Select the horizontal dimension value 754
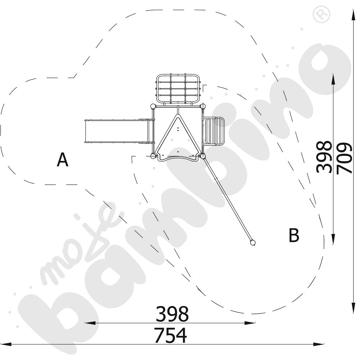point(171,335)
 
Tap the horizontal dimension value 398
point(172,314)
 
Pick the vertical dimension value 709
point(344,158)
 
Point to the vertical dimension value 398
point(324,157)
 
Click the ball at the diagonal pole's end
point(252,243)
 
